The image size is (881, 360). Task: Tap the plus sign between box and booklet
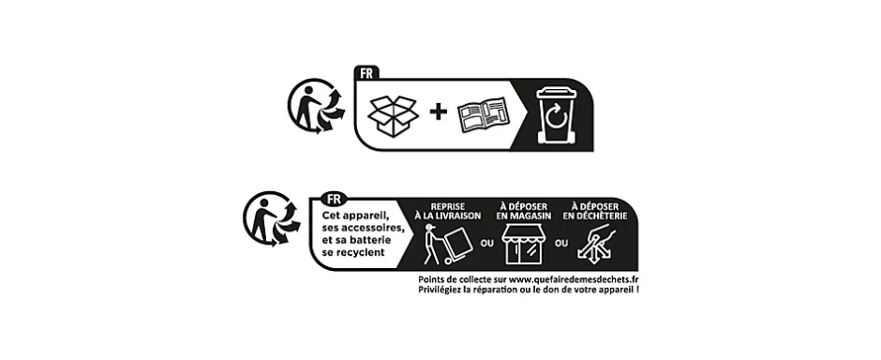[438, 112]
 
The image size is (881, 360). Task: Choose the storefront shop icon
[523, 246]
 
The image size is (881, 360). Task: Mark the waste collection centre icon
[595, 246]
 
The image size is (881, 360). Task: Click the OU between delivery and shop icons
[486, 245]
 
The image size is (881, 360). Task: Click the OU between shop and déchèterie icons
[560, 245]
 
